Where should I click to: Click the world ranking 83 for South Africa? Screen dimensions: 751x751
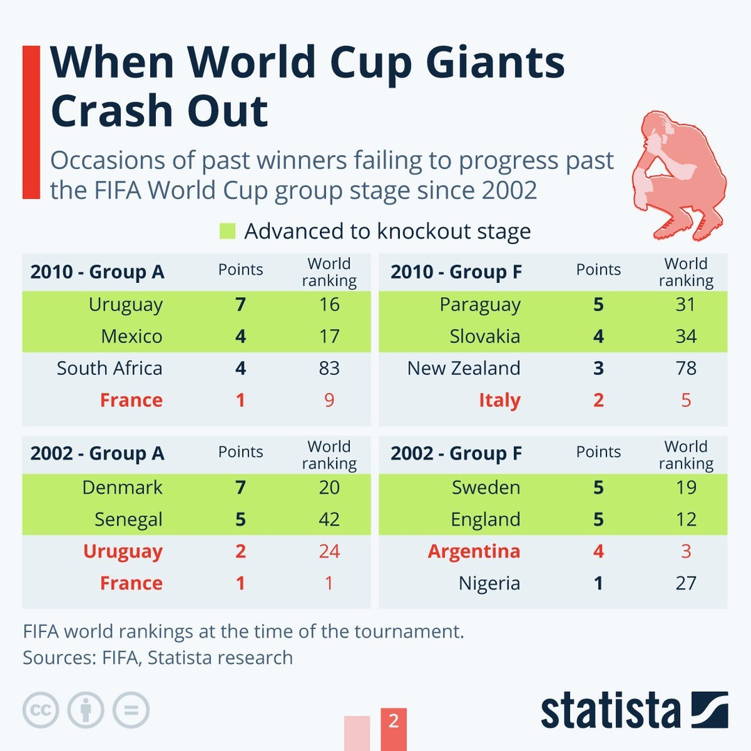pyautogui.click(x=329, y=368)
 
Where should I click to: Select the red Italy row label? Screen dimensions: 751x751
pyautogui.click(x=499, y=401)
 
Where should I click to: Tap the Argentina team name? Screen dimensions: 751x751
pyautogui.click(x=474, y=551)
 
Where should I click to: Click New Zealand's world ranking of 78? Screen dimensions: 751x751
pyautogui.click(x=686, y=368)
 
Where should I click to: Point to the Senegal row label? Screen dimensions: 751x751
pyautogui.click(x=129, y=519)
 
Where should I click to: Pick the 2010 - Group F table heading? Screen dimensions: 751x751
pyautogui.click(x=456, y=271)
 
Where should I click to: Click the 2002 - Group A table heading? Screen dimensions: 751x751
pyautogui.click(x=97, y=453)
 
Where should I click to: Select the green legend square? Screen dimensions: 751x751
pyautogui.click(x=227, y=231)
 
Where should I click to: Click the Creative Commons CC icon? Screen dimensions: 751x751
pyautogui.click(x=40, y=710)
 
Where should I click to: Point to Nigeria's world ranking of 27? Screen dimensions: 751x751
pyautogui.click(x=686, y=583)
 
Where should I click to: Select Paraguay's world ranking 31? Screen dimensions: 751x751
pyautogui.click(x=686, y=305)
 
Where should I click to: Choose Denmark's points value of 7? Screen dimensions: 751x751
pyautogui.click(x=241, y=487)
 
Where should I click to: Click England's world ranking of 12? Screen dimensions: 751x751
pyautogui.click(x=686, y=519)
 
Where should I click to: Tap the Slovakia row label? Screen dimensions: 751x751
pyautogui.click(x=485, y=337)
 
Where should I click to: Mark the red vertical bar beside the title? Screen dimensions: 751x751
pyautogui.click(x=31, y=122)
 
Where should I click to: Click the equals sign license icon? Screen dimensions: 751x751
pyautogui.click(x=131, y=710)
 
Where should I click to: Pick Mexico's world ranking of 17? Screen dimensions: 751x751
pyautogui.click(x=329, y=337)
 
